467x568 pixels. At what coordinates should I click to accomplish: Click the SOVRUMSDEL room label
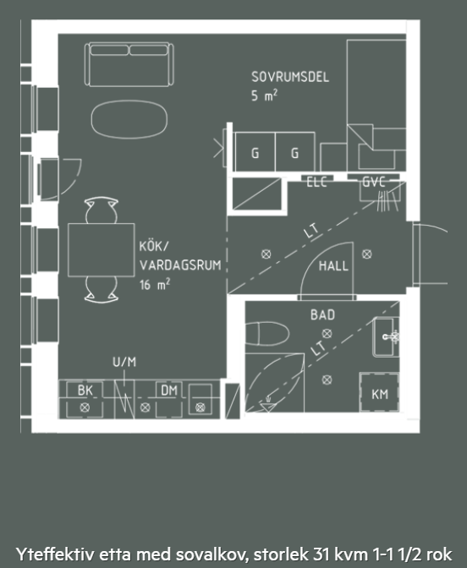(x=290, y=77)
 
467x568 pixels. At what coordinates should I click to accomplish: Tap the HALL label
(x=333, y=266)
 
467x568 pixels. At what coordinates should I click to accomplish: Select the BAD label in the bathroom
(x=322, y=314)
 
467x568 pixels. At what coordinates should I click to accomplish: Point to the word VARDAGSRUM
(x=180, y=265)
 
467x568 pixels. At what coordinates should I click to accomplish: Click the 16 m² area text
(x=155, y=284)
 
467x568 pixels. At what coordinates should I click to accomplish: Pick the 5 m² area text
(x=264, y=96)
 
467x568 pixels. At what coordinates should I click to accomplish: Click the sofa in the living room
(x=129, y=64)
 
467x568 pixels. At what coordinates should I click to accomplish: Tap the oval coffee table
(x=129, y=119)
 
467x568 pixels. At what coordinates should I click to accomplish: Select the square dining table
(x=102, y=250)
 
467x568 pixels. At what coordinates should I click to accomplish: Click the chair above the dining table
(x=102, y=210)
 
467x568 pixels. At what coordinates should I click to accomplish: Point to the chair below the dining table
(x=102, y=289)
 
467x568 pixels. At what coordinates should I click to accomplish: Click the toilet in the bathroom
(x=267, y=333)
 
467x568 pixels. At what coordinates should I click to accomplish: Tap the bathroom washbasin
(x=386, y=337)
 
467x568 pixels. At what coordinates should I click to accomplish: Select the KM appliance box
(x=379, y=393)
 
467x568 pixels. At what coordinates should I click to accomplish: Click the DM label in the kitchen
(x=169, y=390)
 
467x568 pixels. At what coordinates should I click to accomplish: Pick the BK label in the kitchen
(x=85, y=390)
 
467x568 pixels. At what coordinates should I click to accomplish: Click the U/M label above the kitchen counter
(x=124, y=362)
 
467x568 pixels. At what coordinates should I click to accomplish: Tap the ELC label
(x=316, y=182)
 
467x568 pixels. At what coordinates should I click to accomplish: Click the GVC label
(x=373, y=182)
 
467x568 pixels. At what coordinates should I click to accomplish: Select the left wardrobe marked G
(x=255, y=152)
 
